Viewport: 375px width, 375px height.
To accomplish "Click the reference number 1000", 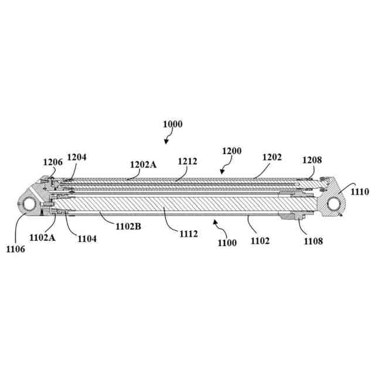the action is pos(173,124).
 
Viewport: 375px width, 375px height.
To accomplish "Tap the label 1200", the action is pos(231,151).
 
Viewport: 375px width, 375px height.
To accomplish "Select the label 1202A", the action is pos(143,165).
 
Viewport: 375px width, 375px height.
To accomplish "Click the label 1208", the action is pos(312,159).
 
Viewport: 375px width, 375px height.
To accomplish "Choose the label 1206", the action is pos(52,162).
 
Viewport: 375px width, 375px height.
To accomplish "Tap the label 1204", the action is pos(76,156).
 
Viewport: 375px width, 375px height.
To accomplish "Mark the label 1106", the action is pos(16,249).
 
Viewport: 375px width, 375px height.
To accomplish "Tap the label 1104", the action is pos(86,238).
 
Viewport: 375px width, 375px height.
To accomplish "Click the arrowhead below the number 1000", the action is pos(166,141).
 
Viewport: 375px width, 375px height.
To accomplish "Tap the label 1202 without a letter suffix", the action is pos(272,157).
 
